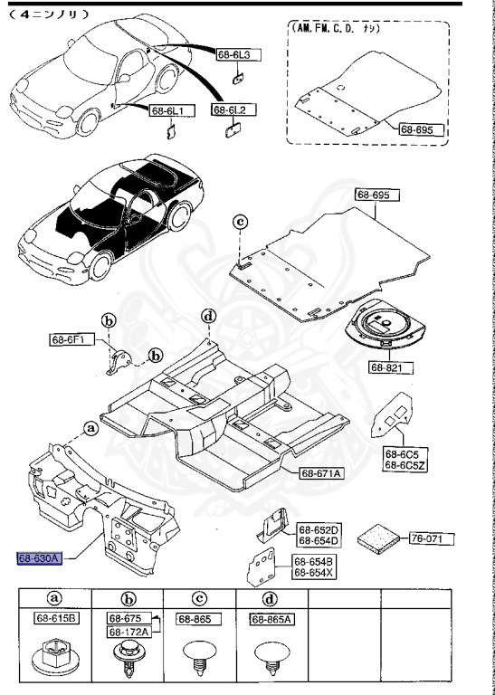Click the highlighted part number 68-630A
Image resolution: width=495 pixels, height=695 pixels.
click(x=38, y=558)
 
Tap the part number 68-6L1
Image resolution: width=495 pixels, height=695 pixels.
click(x=167, y=110)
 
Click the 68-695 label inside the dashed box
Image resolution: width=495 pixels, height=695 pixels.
click(x=424, y=129)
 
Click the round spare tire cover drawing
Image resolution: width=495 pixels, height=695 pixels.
click(x=388, y=328)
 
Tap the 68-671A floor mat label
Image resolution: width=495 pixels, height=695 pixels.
click(x=323, y=473)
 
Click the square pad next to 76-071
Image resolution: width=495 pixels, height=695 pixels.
click(x=376, y=538)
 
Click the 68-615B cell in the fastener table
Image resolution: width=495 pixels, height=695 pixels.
click(x=57, y=619)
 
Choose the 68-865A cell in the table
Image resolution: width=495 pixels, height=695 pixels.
click(x=270, y=619)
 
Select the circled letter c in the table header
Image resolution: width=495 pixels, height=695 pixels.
click(x=199, y=598)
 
